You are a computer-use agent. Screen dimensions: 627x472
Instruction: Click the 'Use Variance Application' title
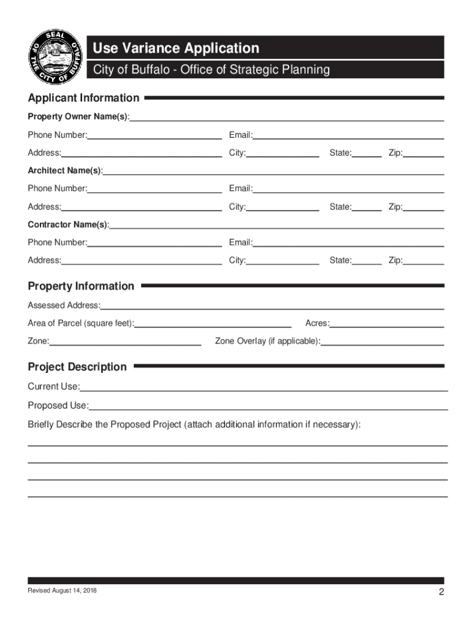[176, 48]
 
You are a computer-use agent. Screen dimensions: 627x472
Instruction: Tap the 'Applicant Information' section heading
[83, 98]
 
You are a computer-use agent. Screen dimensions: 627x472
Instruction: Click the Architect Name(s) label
[64, 170]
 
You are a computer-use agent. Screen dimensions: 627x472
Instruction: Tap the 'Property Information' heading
[81, 286]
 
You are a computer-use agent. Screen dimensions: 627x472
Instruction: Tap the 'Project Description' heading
[77, 367]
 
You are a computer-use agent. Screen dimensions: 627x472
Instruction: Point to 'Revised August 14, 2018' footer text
[61, 590]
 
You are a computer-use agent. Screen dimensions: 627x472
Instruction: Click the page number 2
[441, 591]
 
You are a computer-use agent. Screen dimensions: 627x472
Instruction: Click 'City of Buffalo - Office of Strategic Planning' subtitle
[211, 70]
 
